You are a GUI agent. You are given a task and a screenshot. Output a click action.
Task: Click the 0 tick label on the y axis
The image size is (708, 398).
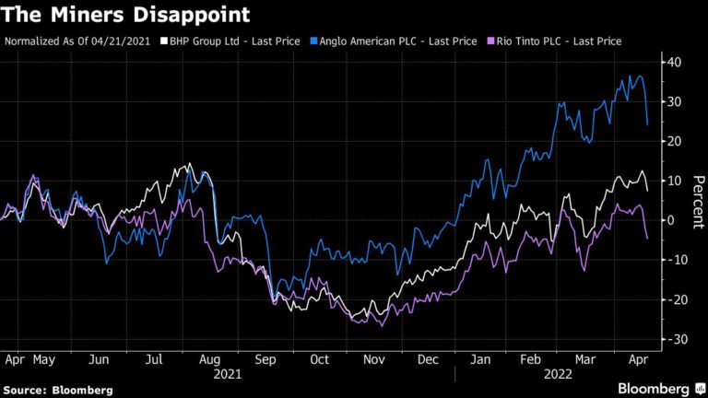tap(672, 220)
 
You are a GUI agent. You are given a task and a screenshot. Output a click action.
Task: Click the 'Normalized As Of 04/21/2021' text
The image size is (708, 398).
tap(78, 41)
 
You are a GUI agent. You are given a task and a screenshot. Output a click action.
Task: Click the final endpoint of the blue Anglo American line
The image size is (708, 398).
tap(647, 124)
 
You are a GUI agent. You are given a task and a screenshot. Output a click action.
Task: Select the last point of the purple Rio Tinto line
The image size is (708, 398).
tap(647, 239)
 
